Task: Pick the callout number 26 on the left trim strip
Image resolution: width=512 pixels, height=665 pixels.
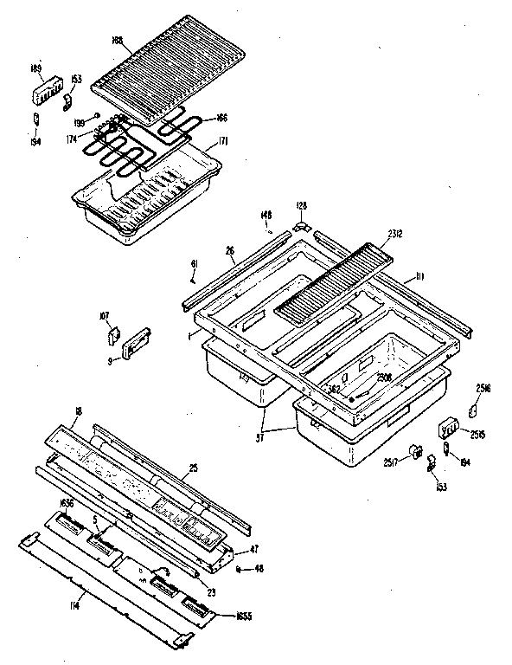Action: click(230, 251)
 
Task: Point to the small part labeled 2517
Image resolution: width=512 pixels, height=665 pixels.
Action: click(416, 450)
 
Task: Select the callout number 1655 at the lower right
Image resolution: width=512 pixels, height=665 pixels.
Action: click(245, 615)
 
